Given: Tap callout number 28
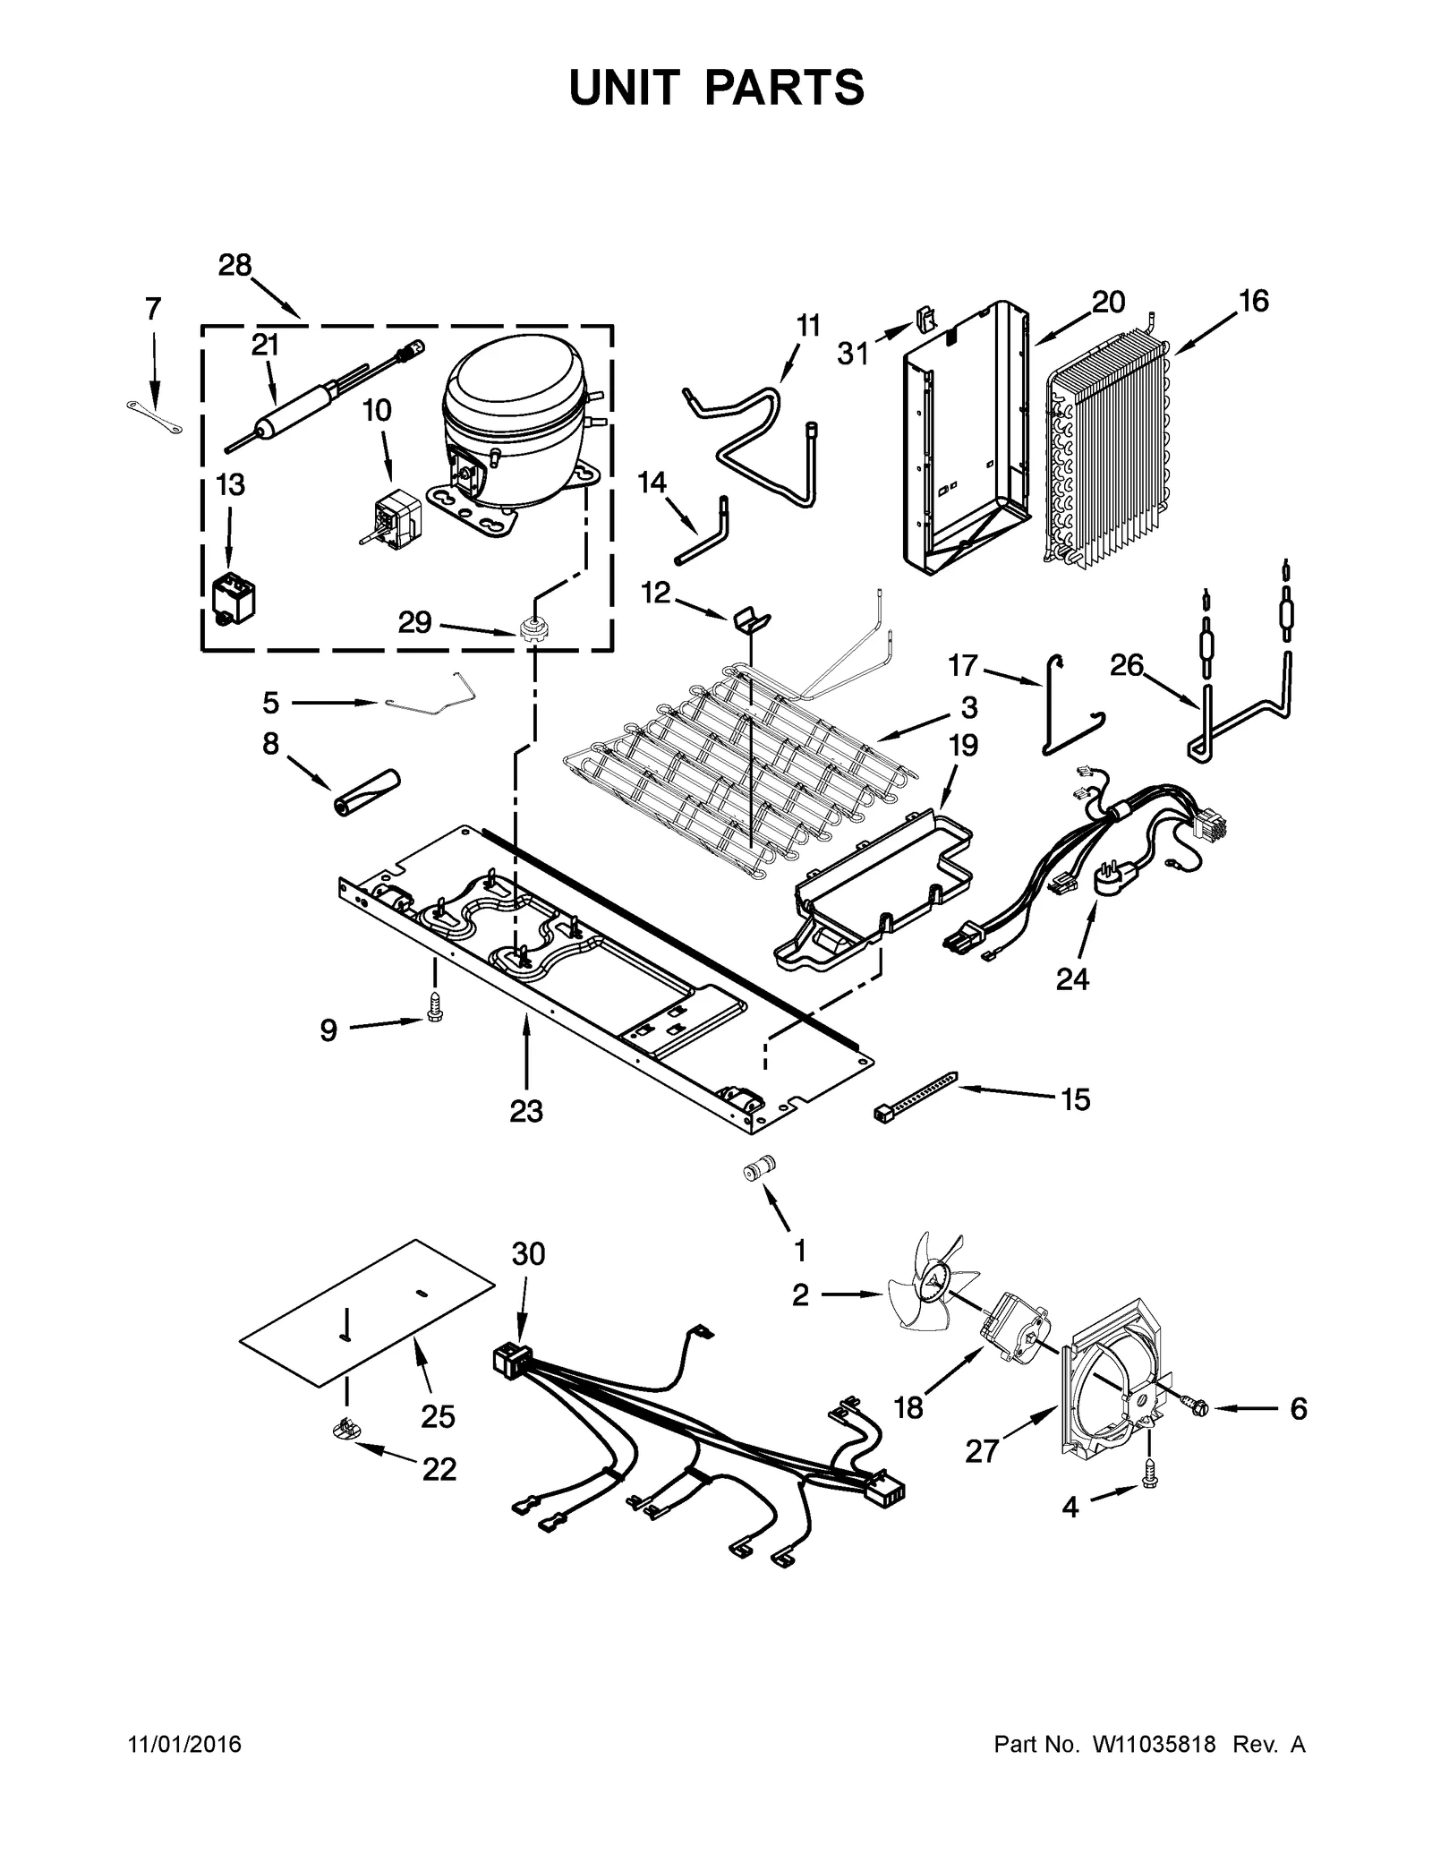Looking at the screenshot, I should (234, 265).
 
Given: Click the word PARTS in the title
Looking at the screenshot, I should (785, 88).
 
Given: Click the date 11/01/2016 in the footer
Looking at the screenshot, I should (185, 1745).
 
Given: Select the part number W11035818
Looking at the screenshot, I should (1153, 1745).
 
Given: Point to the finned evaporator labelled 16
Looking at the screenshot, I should (1107, 452).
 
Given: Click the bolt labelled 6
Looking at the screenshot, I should (1195, 1408).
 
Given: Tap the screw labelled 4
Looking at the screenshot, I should (1150, 1481).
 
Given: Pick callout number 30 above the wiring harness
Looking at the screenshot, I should (528, 1254).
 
